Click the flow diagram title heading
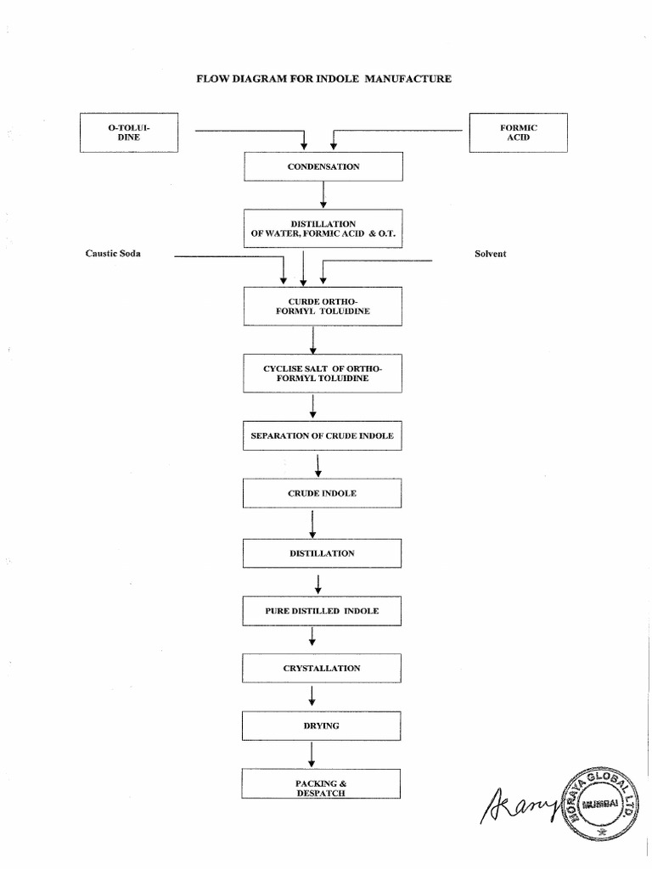[x=323, y=79]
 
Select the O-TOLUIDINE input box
[x=129, y=132]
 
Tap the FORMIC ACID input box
[x=519, y=132]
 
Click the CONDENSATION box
[x=323, y=166]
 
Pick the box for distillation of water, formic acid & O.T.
[x=323, y=228]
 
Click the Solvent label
[x=490, y=255]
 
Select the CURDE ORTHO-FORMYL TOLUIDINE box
[x=323, y=306]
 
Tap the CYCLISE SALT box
[x=323, y=373]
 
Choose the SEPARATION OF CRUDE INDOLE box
[x=323, y=435]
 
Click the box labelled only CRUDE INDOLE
[x=323, y=493]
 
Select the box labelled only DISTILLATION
[x=323, y=553]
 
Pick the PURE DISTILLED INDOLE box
[x=323, y=611]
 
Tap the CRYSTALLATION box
[x=323, y=669]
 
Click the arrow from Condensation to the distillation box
[x=323, y=194]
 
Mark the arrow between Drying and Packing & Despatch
[x=312, y=754]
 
